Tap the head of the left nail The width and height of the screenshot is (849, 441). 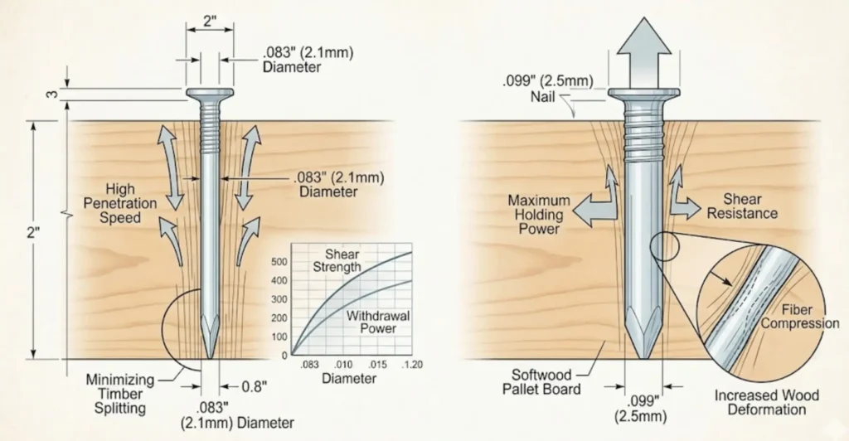click(x=210, y=93)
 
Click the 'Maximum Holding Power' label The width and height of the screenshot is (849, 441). click(x=539, y=215)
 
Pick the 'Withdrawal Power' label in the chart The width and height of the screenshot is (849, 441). click(x=372, y=322)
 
